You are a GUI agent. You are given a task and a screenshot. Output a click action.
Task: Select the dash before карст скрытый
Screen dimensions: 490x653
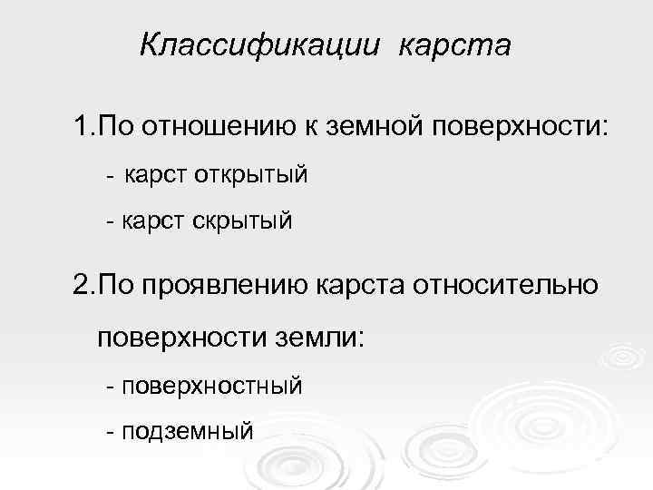click(110, 221)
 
